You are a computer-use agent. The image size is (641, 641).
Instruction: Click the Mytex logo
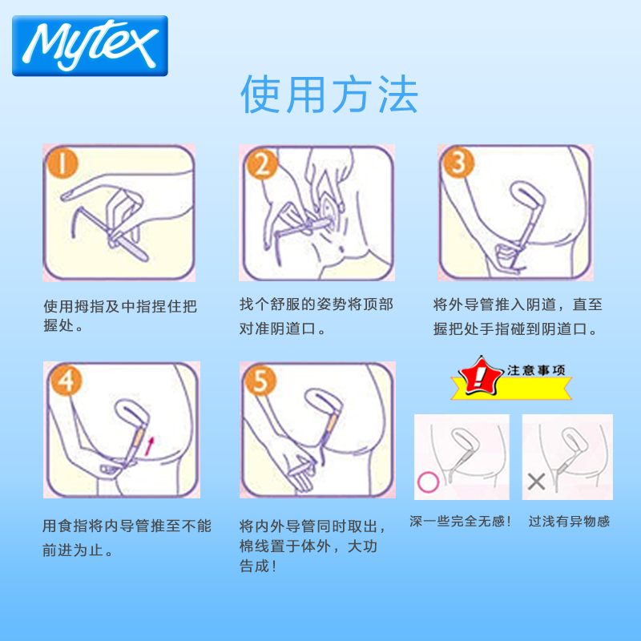point(90,46)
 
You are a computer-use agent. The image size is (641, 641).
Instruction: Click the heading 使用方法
point(329,95)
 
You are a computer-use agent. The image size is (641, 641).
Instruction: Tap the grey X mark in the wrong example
point(537,481)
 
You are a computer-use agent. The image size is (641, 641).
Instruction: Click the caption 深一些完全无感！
point(461,522)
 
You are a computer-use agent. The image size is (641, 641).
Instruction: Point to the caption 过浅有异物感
point(569,522)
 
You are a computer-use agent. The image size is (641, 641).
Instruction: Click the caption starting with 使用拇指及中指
point(119,316)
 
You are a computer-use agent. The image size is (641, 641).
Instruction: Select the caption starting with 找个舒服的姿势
point(316,316)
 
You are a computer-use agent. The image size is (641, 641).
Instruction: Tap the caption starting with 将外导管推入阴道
point(518,316)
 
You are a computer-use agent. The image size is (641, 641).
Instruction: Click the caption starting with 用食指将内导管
point(127,538)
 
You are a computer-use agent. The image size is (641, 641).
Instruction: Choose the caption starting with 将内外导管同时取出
point(312,546)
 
